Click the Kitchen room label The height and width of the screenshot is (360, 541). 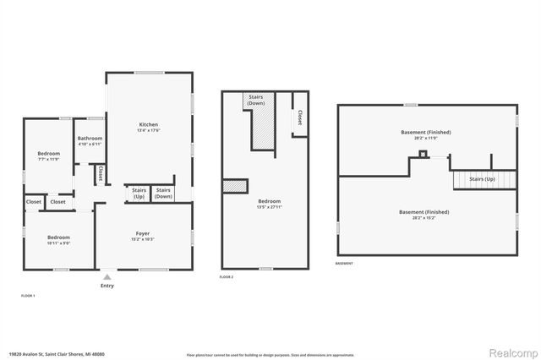point(148,127)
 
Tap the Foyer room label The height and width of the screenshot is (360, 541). point(143,236)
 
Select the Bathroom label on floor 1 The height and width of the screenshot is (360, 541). point(90,141)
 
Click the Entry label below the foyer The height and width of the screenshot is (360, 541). point(107,286)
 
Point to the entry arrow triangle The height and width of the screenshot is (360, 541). point(107,275)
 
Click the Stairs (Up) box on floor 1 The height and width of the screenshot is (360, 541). point(138,194)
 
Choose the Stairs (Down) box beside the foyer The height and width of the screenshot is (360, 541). point(163,194)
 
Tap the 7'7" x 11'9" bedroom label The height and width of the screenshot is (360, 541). point(48,155)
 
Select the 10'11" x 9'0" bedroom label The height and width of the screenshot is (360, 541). point(58,240)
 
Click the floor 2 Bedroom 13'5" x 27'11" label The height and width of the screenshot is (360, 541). point(270,204)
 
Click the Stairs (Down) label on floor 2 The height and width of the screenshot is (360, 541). point(255,100)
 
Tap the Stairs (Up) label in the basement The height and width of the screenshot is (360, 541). point(482,179)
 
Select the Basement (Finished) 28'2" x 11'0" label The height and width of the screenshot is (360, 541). point(426,135)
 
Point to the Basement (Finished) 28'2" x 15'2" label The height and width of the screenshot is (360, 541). point(424,215)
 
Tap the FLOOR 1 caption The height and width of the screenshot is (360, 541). point(28,295)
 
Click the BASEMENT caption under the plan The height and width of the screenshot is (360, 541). point(344,264)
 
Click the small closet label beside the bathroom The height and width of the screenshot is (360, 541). point(100,174)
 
